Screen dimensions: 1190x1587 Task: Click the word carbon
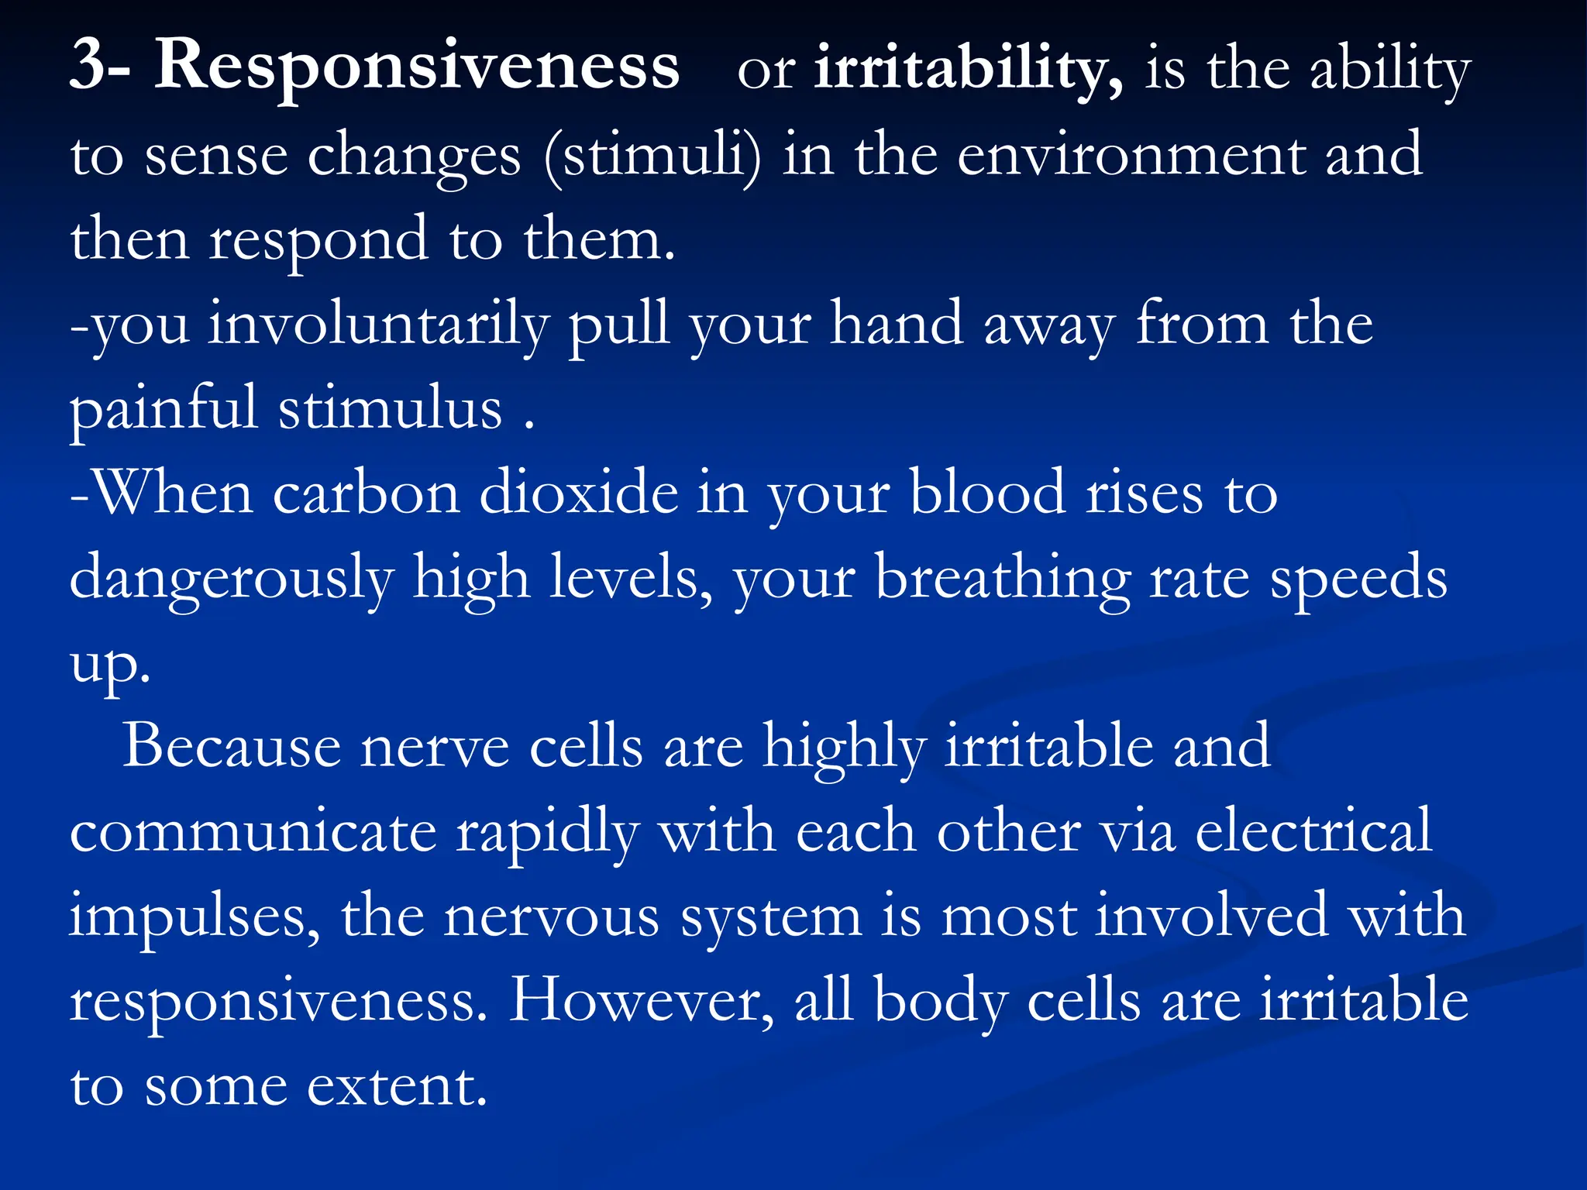coord(367,494)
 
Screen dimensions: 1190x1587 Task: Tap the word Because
coord(231,747)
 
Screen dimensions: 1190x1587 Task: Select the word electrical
coord(1313,831)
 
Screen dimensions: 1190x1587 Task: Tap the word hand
coord(897,324)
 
